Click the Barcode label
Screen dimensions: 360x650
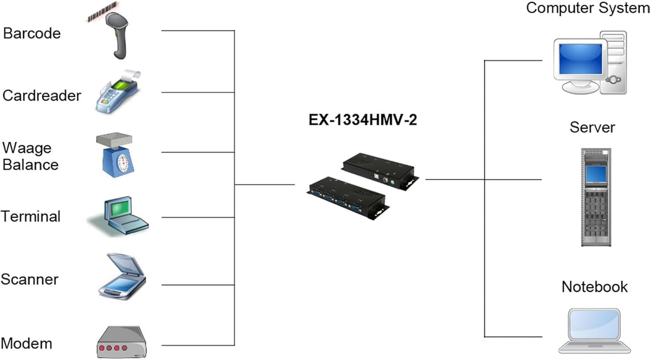point(32,33)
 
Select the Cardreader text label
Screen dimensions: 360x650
point(42,95)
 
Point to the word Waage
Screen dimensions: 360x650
point(27,148)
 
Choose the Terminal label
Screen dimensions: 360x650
point(31,217)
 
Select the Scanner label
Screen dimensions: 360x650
point(29,279)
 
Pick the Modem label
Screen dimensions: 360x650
point(26,344)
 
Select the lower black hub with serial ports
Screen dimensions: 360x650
point(346,196)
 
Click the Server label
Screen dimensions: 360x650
point(592,128)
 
